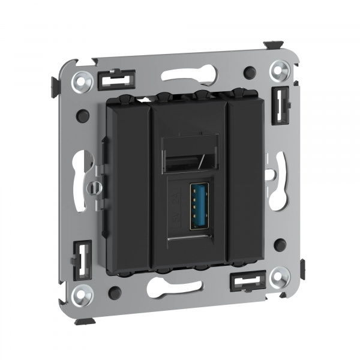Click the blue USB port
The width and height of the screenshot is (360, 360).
tap(199, 206)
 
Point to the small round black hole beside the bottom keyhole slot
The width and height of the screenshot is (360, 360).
tap(115, 292)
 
